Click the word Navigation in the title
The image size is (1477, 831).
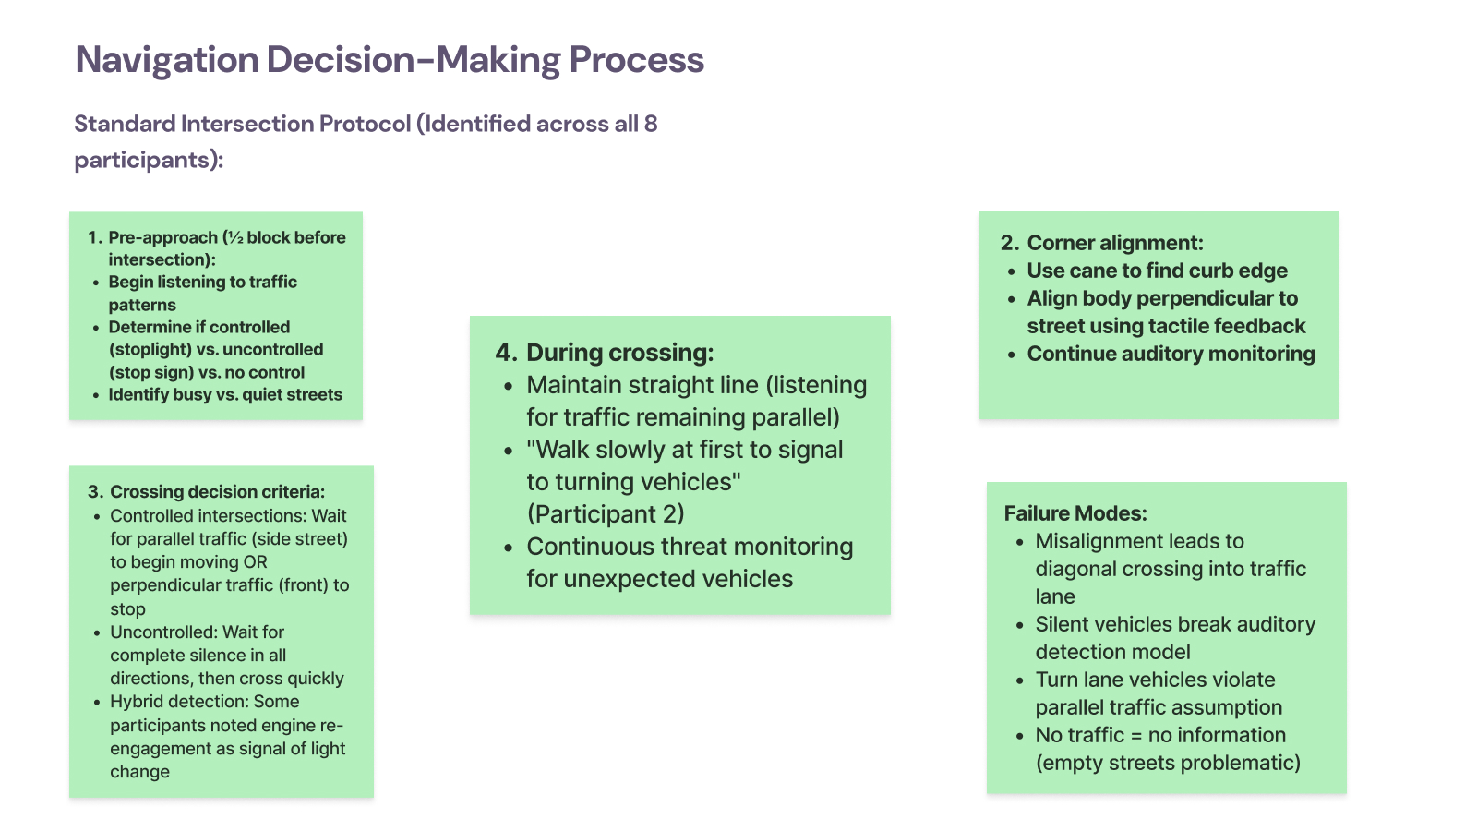pos(166,61)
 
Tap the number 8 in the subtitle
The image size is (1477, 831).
pos(651,125)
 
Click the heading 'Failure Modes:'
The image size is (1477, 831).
pos(1075,514)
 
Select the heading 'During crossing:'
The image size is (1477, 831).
pos(619,353)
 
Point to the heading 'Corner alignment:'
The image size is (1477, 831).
pos(1115,243)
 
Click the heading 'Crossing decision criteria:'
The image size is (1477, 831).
pos(217,492)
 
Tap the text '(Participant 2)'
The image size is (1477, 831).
pos(606,514)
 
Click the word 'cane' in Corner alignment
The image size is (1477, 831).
pos(1092,271)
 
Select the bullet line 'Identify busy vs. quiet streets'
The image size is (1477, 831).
pos(225,395)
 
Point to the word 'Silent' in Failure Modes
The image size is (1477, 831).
pos(1067,625)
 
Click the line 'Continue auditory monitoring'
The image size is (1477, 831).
pos(1171,354)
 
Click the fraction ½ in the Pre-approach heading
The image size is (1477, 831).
pos(235,238)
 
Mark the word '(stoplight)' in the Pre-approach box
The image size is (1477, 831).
pos(150,350)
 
